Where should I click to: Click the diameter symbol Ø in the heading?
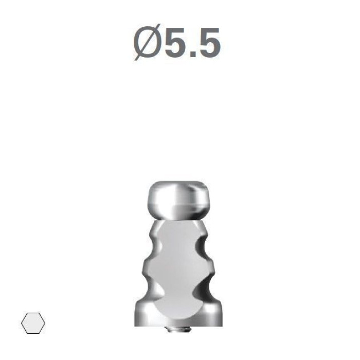[147, 43]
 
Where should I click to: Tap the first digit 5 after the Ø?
[176, 43]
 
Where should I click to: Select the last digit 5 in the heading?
[209, 43]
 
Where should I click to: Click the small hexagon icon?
[33, 323]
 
